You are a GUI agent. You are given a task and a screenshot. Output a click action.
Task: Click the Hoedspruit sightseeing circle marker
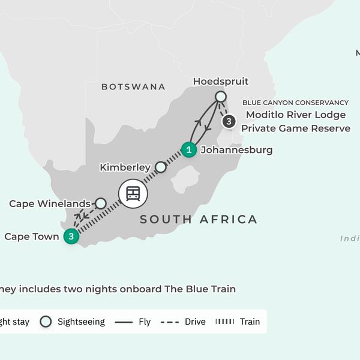tap(221, 97)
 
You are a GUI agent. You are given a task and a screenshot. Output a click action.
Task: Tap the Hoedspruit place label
tap(220, 82)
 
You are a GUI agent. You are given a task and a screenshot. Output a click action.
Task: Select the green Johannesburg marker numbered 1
tap(189, 149)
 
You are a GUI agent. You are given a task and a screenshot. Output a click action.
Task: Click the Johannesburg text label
tap(236, 149)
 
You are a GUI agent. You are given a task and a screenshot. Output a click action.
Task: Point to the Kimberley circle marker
tap(160, 167)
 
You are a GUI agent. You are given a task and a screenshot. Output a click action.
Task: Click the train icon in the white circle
tap(133, 193)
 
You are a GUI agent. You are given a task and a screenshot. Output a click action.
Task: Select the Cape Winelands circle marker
tap(101, 203)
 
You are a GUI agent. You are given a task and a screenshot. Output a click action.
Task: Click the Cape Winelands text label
tap(50, 204)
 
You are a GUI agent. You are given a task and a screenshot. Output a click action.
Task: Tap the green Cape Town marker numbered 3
tap(71, 236)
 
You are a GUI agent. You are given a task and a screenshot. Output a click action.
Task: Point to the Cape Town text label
tap(32, 236)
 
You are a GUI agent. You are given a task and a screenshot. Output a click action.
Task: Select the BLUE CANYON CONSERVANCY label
tap(295, 103)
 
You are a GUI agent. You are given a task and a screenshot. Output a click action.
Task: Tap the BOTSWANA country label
tap(133, 87)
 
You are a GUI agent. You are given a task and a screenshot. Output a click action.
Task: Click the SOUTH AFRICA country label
tap(199, 220)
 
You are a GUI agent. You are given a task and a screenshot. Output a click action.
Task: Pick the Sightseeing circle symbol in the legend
tap(46, 322)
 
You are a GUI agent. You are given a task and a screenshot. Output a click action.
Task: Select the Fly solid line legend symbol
tap(123, 322)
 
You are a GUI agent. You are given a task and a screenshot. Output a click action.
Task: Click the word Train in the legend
tap(250, 322)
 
